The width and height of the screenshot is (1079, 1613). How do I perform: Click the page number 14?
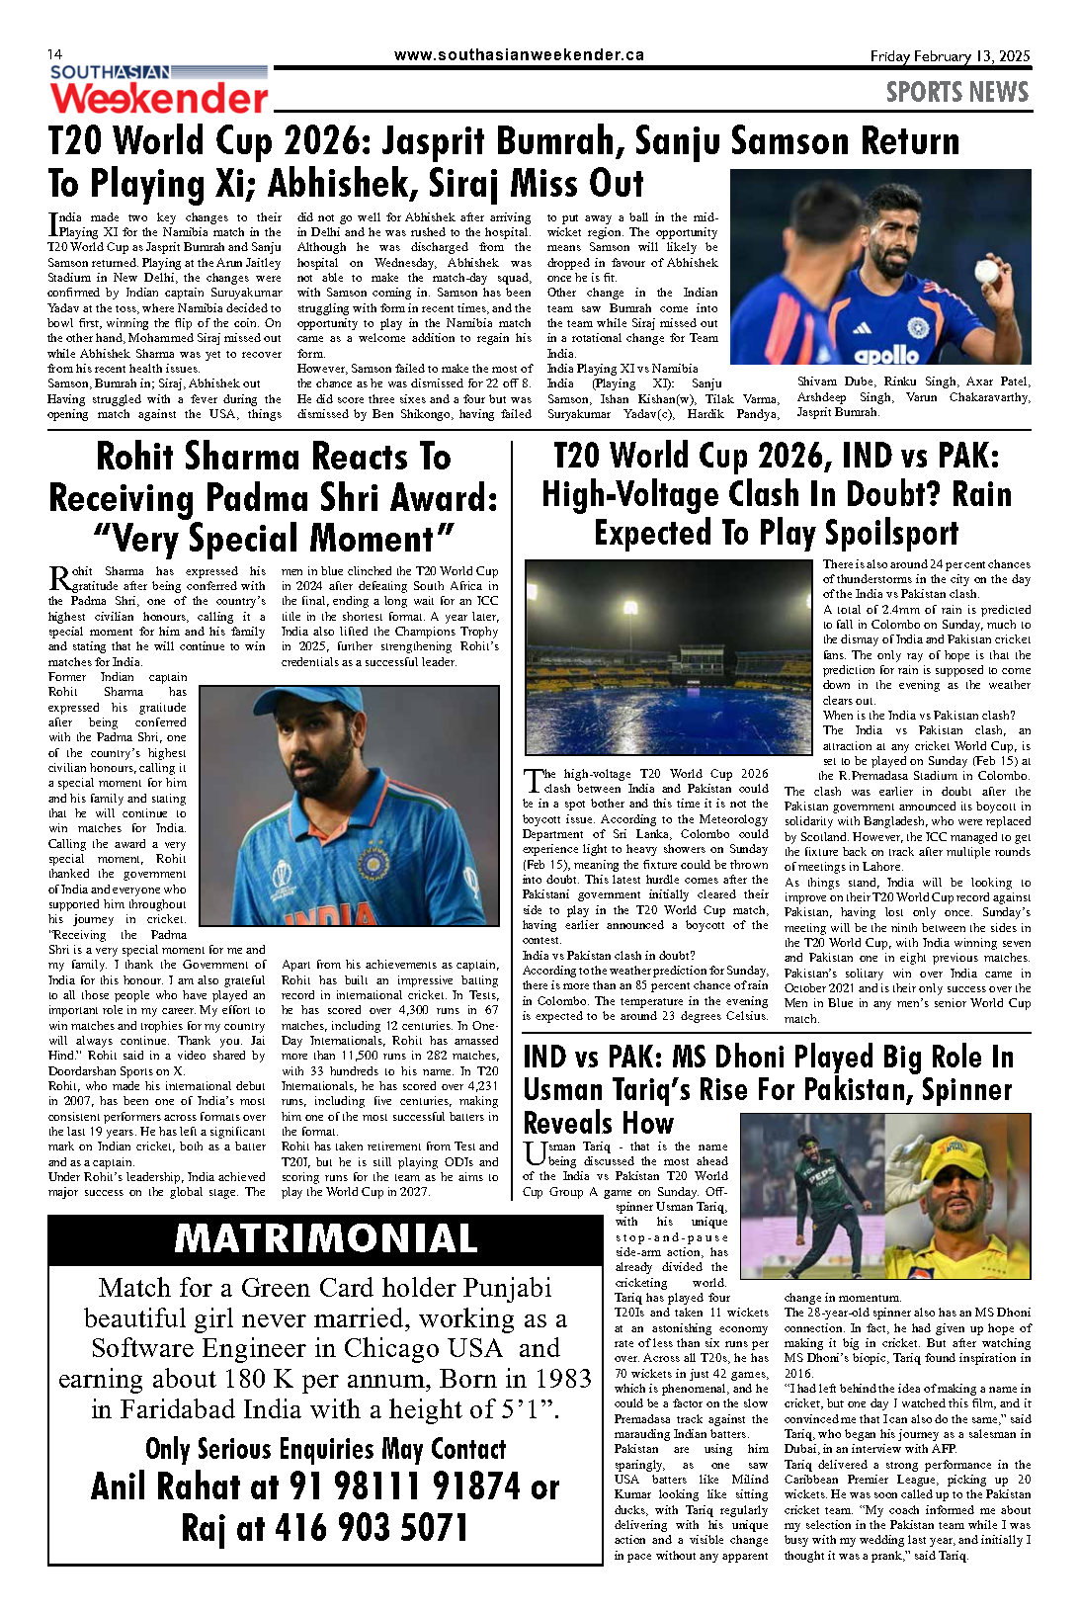55,53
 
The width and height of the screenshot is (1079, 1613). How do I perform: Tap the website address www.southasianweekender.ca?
518,55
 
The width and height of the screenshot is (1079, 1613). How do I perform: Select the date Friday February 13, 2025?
950,56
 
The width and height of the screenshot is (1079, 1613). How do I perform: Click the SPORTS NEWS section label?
956,93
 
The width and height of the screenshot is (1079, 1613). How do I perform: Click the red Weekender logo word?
159,99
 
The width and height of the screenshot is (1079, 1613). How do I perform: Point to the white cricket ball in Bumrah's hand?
986,271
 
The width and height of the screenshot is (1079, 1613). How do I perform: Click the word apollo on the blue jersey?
886,354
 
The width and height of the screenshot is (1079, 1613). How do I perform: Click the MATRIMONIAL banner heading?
325,1238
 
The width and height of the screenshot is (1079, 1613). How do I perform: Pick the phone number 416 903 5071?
370,1528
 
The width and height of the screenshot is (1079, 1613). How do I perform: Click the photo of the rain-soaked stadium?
668,657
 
